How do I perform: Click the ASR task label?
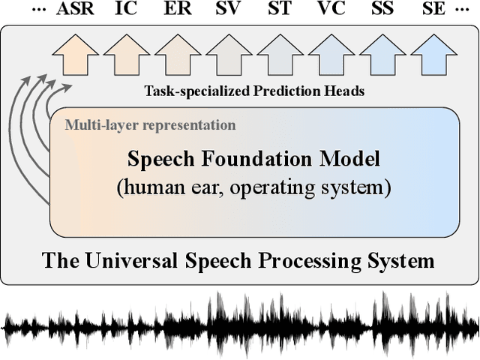75,10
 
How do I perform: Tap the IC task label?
126,10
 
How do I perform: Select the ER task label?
178,10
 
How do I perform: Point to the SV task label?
229,10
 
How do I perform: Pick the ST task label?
280,10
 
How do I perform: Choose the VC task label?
331,10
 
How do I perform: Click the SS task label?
382,10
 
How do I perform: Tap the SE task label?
433,10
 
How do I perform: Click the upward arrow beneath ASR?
75,54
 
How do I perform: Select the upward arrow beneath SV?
229,54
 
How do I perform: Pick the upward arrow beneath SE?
433,54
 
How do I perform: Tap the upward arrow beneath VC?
331,54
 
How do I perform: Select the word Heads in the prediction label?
342,92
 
